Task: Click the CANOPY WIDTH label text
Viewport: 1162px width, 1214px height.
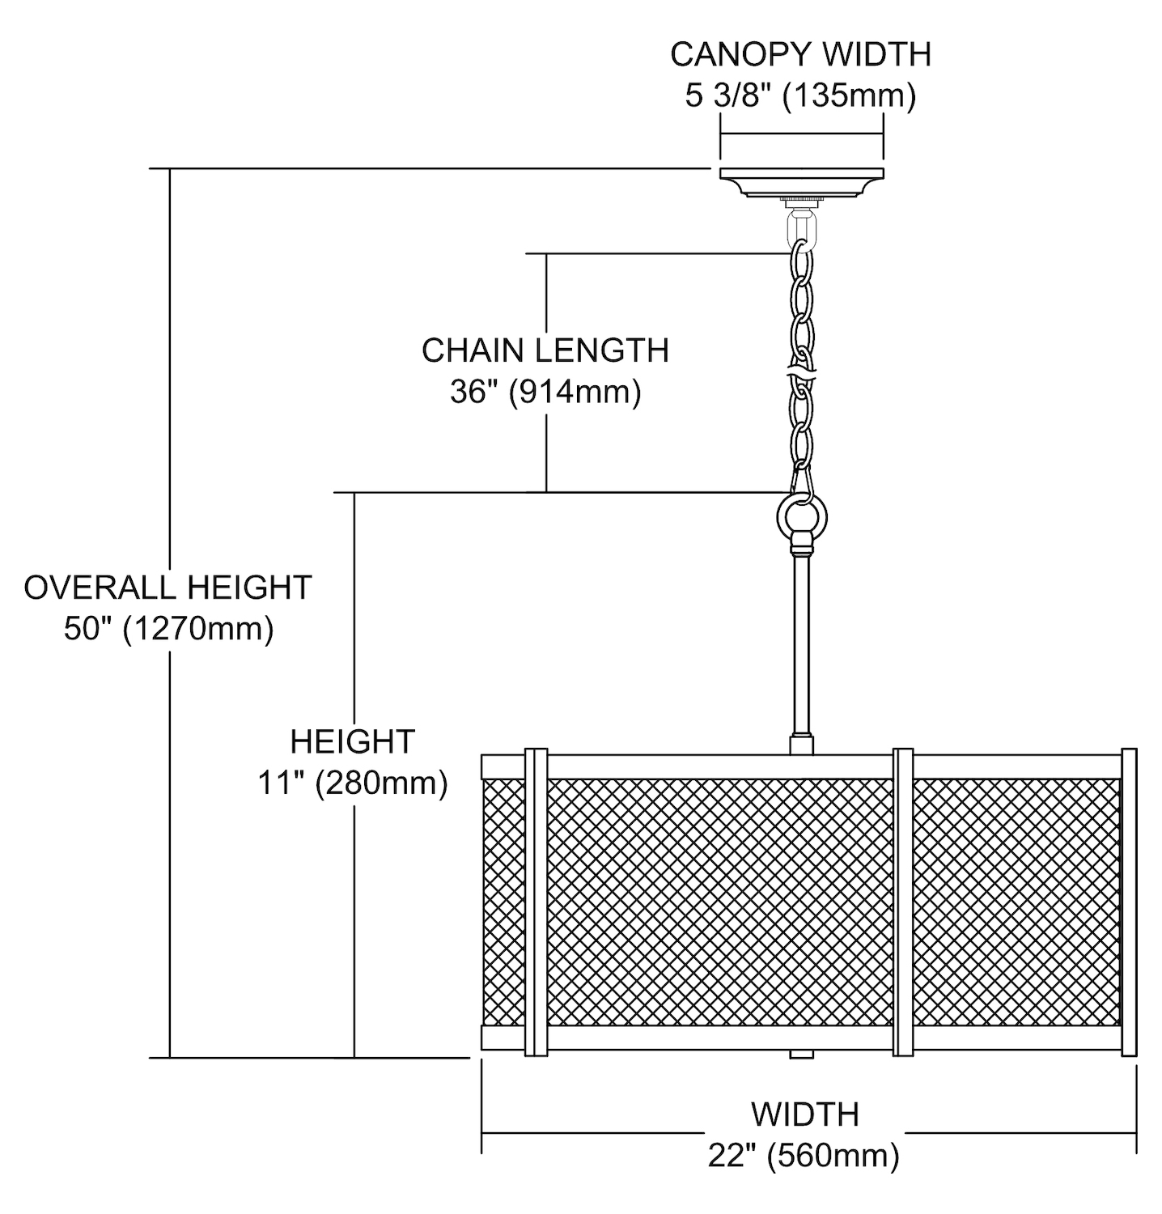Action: (x=800, y=54)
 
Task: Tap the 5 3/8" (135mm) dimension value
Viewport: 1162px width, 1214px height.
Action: (x=800, y=96)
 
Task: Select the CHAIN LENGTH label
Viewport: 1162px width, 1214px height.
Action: (x=545, y=350)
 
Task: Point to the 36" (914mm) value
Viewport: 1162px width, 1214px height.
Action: (x=545, y=393)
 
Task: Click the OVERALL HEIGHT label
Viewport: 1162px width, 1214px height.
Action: (x=168, y=588)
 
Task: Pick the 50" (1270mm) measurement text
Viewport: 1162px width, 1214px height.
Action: (x=168, y=629)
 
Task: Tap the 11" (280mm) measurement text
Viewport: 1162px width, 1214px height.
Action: (x=353, y=783)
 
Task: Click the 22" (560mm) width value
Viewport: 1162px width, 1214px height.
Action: (x=804, y=1156)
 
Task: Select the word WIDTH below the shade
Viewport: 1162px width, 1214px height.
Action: (x=804, y=1114)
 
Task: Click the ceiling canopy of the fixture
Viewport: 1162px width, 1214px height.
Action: (x=801, y=182)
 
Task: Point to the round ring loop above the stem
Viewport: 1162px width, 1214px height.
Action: (x=801, y=515)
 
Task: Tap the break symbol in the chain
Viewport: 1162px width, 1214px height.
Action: (x=801, y=374)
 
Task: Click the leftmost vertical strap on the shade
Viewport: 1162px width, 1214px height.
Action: (x=536, y=902)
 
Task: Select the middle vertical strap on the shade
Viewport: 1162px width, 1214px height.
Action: (x=902, y=902)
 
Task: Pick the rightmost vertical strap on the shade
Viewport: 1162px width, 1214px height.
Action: (x=1128, y=902)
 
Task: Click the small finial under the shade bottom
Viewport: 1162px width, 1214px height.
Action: (x=801, y=1055)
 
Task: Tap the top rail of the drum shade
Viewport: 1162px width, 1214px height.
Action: (x=712, y=766)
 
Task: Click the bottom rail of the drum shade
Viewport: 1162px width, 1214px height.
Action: (x=712, y=1038)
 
